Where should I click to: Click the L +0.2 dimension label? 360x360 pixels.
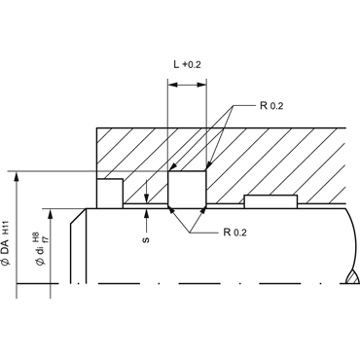[187, 64]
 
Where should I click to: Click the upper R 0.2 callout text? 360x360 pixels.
[271, 106]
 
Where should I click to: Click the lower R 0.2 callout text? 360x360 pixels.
[234, 233]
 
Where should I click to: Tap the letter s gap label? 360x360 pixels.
[147, 240]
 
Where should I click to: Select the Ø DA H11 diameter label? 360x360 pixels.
[7, 243]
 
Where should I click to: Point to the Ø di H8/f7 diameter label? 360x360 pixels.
[42, 248]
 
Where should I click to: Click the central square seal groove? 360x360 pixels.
[187, 189]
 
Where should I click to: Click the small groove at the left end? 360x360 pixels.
[110, 194]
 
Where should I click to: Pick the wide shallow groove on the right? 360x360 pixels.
[270, 201]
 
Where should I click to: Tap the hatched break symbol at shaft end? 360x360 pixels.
[352, 277]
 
